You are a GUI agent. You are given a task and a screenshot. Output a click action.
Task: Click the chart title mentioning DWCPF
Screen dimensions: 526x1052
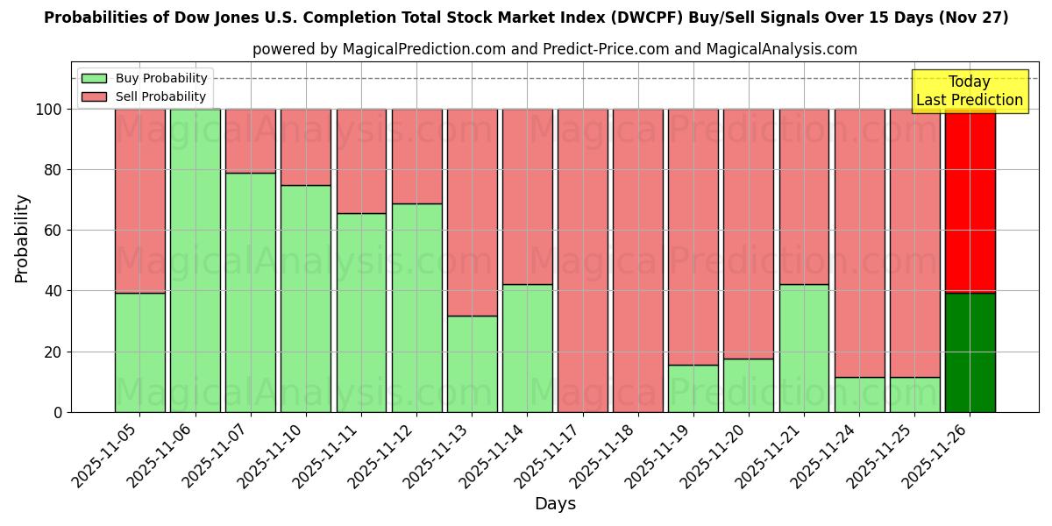526,18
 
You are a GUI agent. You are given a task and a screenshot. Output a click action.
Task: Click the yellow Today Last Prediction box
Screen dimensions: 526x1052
969,91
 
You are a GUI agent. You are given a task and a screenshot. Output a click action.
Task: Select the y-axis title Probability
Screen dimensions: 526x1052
22,238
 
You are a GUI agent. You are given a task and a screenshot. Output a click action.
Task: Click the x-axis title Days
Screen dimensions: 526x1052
555,504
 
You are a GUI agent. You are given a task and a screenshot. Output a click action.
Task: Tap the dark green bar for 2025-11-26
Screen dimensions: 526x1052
970,352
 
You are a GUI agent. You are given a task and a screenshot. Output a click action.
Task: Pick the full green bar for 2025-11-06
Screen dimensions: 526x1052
195,260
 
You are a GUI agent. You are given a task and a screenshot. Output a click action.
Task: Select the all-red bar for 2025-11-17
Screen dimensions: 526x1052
582,260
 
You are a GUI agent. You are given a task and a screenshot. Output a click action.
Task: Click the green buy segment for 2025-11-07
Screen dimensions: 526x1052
250,292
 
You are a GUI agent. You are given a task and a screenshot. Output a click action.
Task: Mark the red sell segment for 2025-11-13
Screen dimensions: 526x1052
472,212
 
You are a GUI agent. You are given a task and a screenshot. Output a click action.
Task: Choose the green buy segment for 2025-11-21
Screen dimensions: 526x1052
804,348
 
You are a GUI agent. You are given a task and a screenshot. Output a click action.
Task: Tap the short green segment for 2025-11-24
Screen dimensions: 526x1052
859,394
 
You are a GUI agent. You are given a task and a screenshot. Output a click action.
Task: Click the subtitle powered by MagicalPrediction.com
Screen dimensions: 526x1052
555,49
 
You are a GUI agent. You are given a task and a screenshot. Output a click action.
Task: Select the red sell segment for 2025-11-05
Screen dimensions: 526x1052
139,201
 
